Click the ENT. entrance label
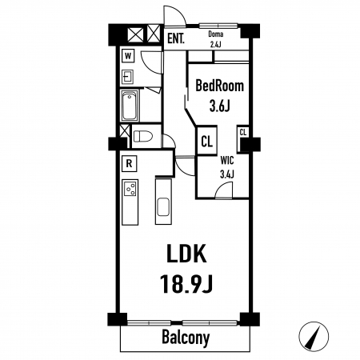coord(176,39)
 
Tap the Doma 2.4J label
coord(216,39)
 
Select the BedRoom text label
coord(220,86)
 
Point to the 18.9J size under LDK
coord(186,284)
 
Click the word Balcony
coord(186,338)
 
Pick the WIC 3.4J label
coord(227,167)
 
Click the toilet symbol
coord(142,137)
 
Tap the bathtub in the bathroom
coord(130,106)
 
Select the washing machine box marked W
coord(128,56)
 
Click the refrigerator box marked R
coord(130,163)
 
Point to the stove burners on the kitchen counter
coord(130,188)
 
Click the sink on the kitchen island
coord(163,206)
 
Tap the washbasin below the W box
coord(128,77)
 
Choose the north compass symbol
coord(314,336)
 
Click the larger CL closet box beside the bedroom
coord(206,141)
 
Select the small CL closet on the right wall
coord(243,138)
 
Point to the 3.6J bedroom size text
coord(220,106)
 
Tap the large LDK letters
coord(186,254)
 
